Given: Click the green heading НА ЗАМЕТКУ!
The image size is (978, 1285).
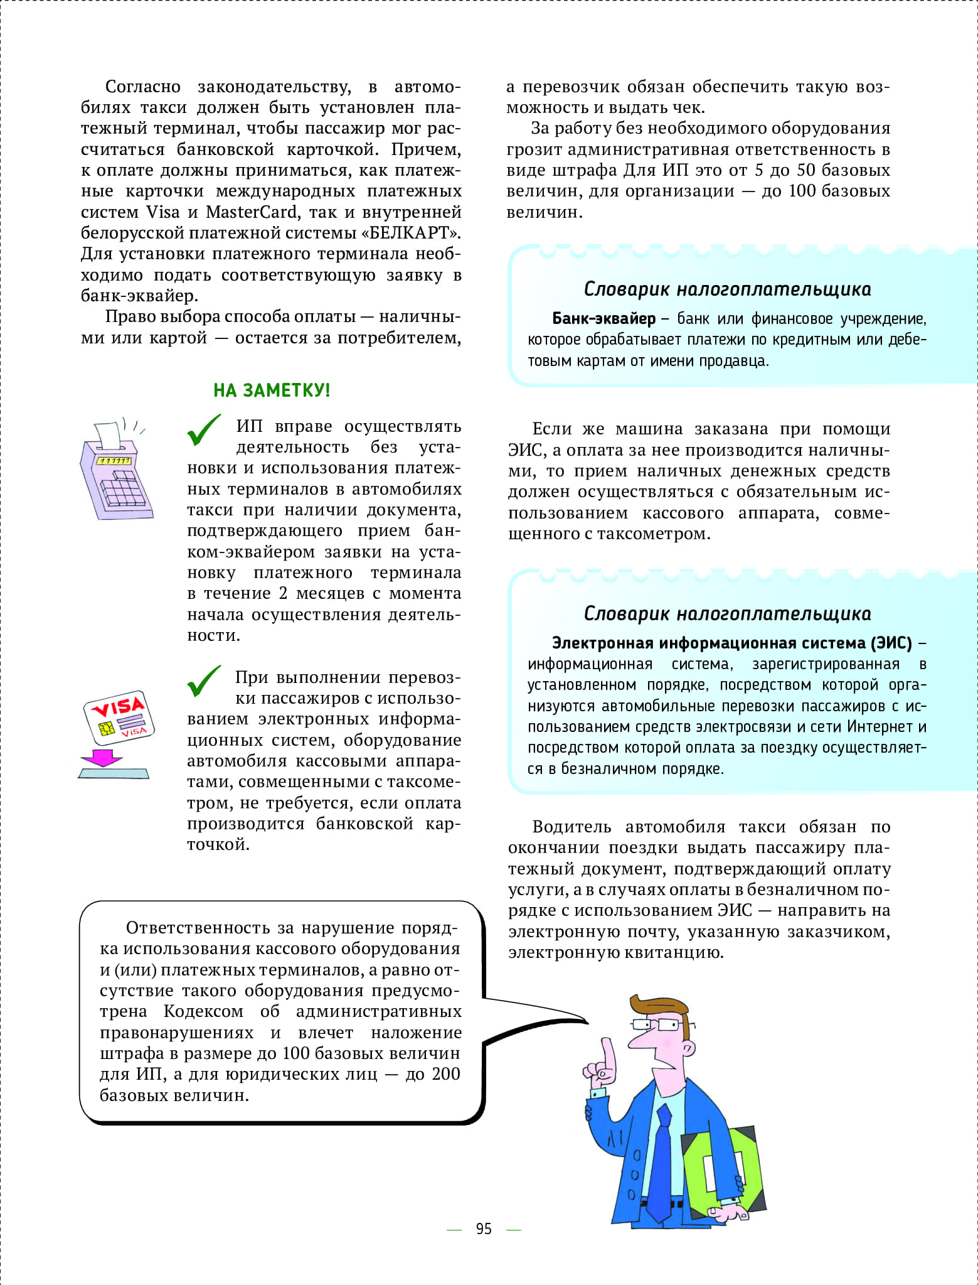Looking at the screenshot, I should pos(271,390).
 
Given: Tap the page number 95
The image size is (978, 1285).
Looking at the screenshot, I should pos(484,1229).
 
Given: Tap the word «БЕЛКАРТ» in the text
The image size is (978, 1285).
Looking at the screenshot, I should pos(411,233).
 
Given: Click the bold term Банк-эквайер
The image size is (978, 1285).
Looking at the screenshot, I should pos(603,319).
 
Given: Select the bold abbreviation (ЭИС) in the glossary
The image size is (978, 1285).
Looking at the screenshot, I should pos(891,643).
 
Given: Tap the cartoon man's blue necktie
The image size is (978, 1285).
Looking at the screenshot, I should pos(661,1155).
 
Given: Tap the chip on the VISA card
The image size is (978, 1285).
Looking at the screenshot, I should pos(106,728).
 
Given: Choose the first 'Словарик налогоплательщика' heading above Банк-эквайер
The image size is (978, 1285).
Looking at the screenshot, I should pos(727,289).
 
